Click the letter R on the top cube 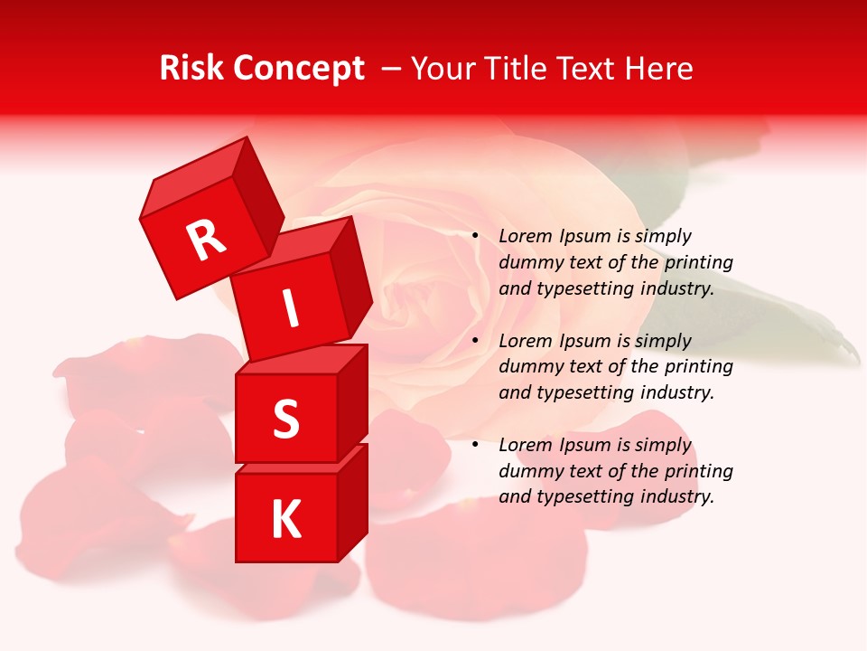pos(207,240)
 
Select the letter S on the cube pos(285,419)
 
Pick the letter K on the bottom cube pos(285,520)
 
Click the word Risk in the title pos(192,68)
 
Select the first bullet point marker pos(475,235)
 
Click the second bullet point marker pos(475,340)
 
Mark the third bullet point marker pos(475,444)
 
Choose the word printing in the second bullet pos(698,366)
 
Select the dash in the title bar pos(392,68)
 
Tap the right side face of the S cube pos(352,402)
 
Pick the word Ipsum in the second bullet pos(586,341)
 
